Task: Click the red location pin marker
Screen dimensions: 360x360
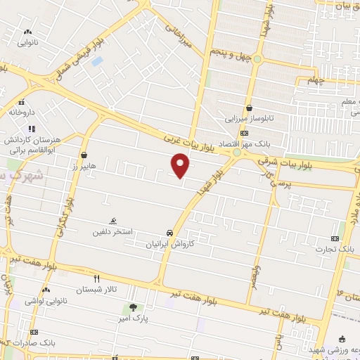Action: pos(181,165)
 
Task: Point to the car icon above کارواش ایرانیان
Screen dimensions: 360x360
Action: pos(169,233)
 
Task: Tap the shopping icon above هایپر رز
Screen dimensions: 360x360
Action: pos(84,155)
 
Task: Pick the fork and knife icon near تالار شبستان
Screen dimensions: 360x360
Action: pos(97,278)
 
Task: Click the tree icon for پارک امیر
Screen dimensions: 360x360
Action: pos(133,307)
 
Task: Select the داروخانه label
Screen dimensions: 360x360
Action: pos(21,111)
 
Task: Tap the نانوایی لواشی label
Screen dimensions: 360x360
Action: pos(46,301)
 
